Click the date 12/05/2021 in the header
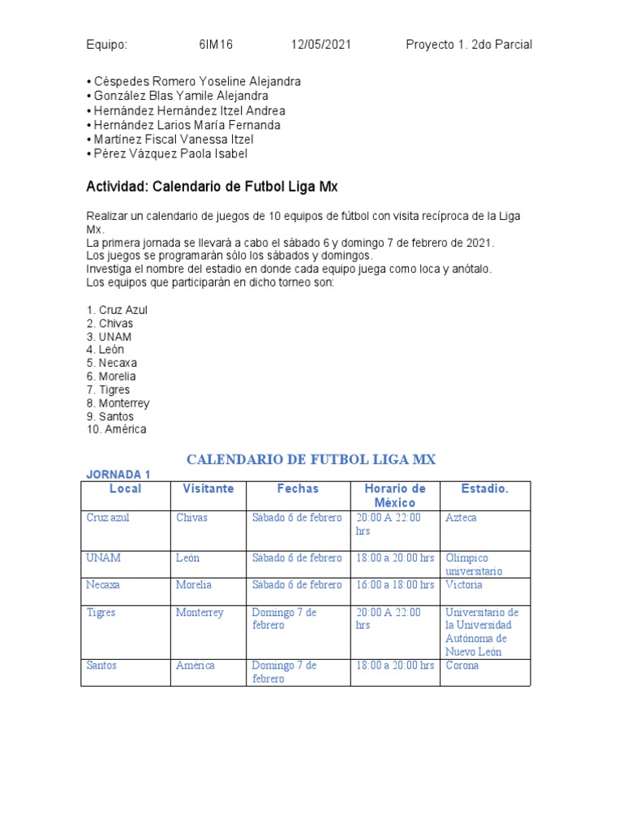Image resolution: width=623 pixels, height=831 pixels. (321, 45)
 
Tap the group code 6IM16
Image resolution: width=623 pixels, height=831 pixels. (216, 45)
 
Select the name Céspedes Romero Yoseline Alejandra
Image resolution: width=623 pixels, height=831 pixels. (193, 82)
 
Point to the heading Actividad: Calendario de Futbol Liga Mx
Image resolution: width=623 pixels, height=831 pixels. (211, 187)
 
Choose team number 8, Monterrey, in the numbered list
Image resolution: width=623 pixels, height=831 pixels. (118, 403)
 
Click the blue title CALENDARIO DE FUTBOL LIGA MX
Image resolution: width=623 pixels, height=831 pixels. (311, 460)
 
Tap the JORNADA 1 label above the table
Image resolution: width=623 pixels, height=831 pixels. (118, 475)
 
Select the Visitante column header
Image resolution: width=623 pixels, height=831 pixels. (208, 489)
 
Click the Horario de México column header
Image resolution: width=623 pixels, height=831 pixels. (395, 495)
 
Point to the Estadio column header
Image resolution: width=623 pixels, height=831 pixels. (485, 489)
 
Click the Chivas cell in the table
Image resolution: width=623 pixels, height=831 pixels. (192, 518)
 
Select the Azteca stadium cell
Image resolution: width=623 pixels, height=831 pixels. (462, 518)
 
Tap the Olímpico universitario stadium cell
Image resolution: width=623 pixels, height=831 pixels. (474, 564)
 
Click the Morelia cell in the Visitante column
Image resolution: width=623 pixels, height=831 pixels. (194, 584)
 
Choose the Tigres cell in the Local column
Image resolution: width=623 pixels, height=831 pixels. (101, 613)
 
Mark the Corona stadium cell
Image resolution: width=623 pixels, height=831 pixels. (462, 665)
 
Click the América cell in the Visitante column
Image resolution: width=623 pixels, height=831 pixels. (195, 665)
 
